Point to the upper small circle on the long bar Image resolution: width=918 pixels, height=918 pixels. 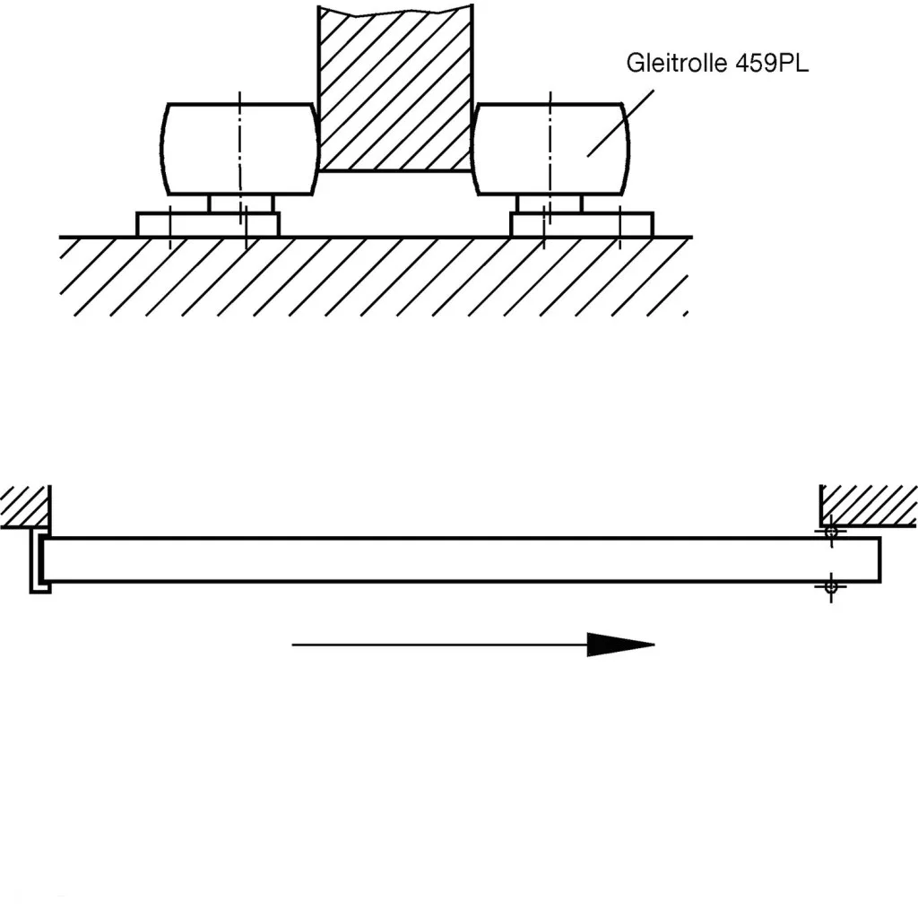tap(831, 532)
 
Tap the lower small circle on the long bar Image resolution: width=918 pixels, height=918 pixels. tap(831, 586)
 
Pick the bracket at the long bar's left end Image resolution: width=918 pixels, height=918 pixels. tap(38, 560)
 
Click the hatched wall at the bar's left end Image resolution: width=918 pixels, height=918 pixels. tap(24, 507)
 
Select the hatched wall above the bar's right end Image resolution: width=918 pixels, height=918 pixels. tap(868, 505)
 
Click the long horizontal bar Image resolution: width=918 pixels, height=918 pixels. tap(448, 560)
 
